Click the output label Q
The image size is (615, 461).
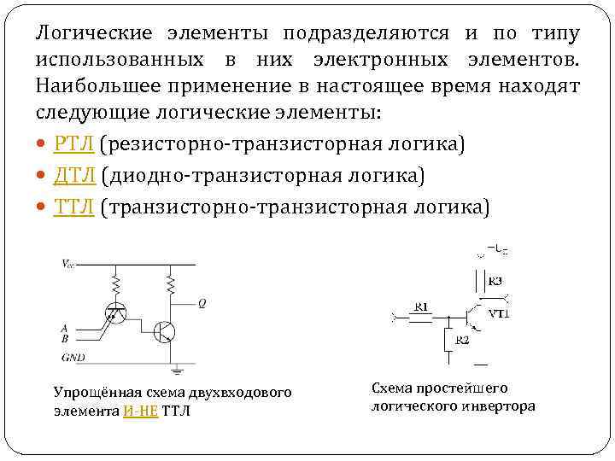tap(202, 303)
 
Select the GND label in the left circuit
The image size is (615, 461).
tap(73, 356)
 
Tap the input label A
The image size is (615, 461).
tap(66, 327)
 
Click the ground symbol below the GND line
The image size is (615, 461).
tap(178, 371)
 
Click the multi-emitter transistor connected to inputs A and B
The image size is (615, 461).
tap(114, 314)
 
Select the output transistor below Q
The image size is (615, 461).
tap(165, 331)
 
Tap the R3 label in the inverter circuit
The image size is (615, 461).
tap(495, 281)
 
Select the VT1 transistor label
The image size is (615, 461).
tap(499, 314)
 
